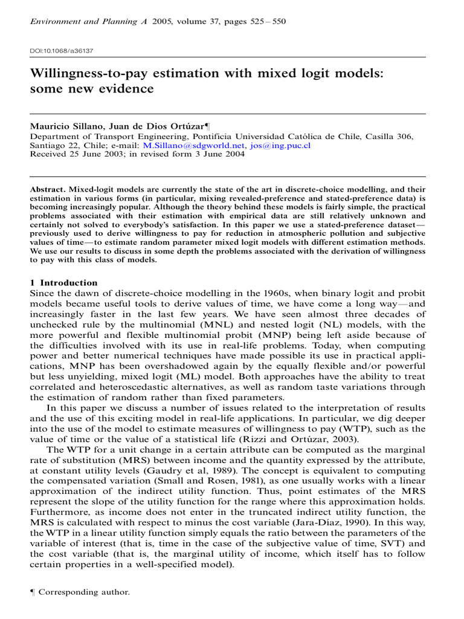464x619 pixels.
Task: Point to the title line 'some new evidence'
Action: point(92,89)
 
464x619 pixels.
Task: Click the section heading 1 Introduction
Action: point(63,283)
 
